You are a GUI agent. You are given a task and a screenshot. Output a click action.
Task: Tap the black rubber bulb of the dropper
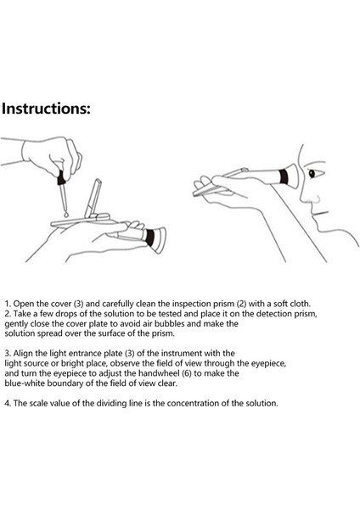pos(61,178)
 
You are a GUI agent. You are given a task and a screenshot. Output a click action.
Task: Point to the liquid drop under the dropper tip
pos(66,215)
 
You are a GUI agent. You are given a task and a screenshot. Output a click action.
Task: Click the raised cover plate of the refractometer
pos(93,198)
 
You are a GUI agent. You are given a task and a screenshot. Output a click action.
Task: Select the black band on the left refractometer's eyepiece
pos(149,238)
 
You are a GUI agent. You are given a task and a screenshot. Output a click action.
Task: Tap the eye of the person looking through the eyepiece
pos(312,174)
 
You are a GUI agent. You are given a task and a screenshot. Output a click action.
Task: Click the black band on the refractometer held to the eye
pos(284,176)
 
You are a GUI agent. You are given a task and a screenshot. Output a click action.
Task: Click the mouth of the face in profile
pos(320,213)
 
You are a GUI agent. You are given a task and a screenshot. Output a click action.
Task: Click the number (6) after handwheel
pos(187,373)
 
